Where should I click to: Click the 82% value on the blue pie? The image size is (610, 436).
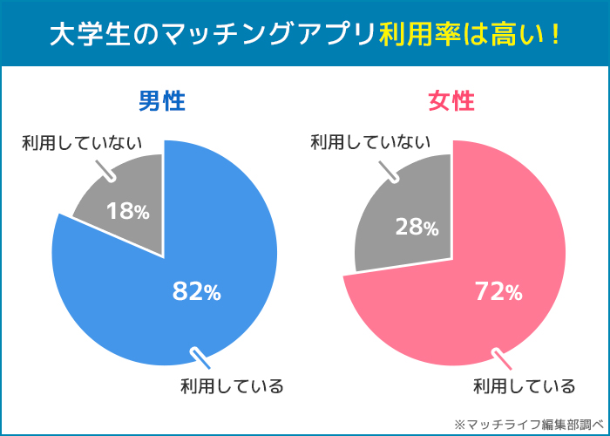196,292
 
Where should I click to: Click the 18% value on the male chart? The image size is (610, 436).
128,210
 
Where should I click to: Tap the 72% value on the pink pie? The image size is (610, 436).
497,291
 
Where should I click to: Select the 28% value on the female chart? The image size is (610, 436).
417,227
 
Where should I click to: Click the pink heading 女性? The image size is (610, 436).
451,101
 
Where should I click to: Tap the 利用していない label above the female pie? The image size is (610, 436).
371,141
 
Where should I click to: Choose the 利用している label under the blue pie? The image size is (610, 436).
231,385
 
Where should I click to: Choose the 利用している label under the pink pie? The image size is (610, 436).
524,385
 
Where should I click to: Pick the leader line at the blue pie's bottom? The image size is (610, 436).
200,357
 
